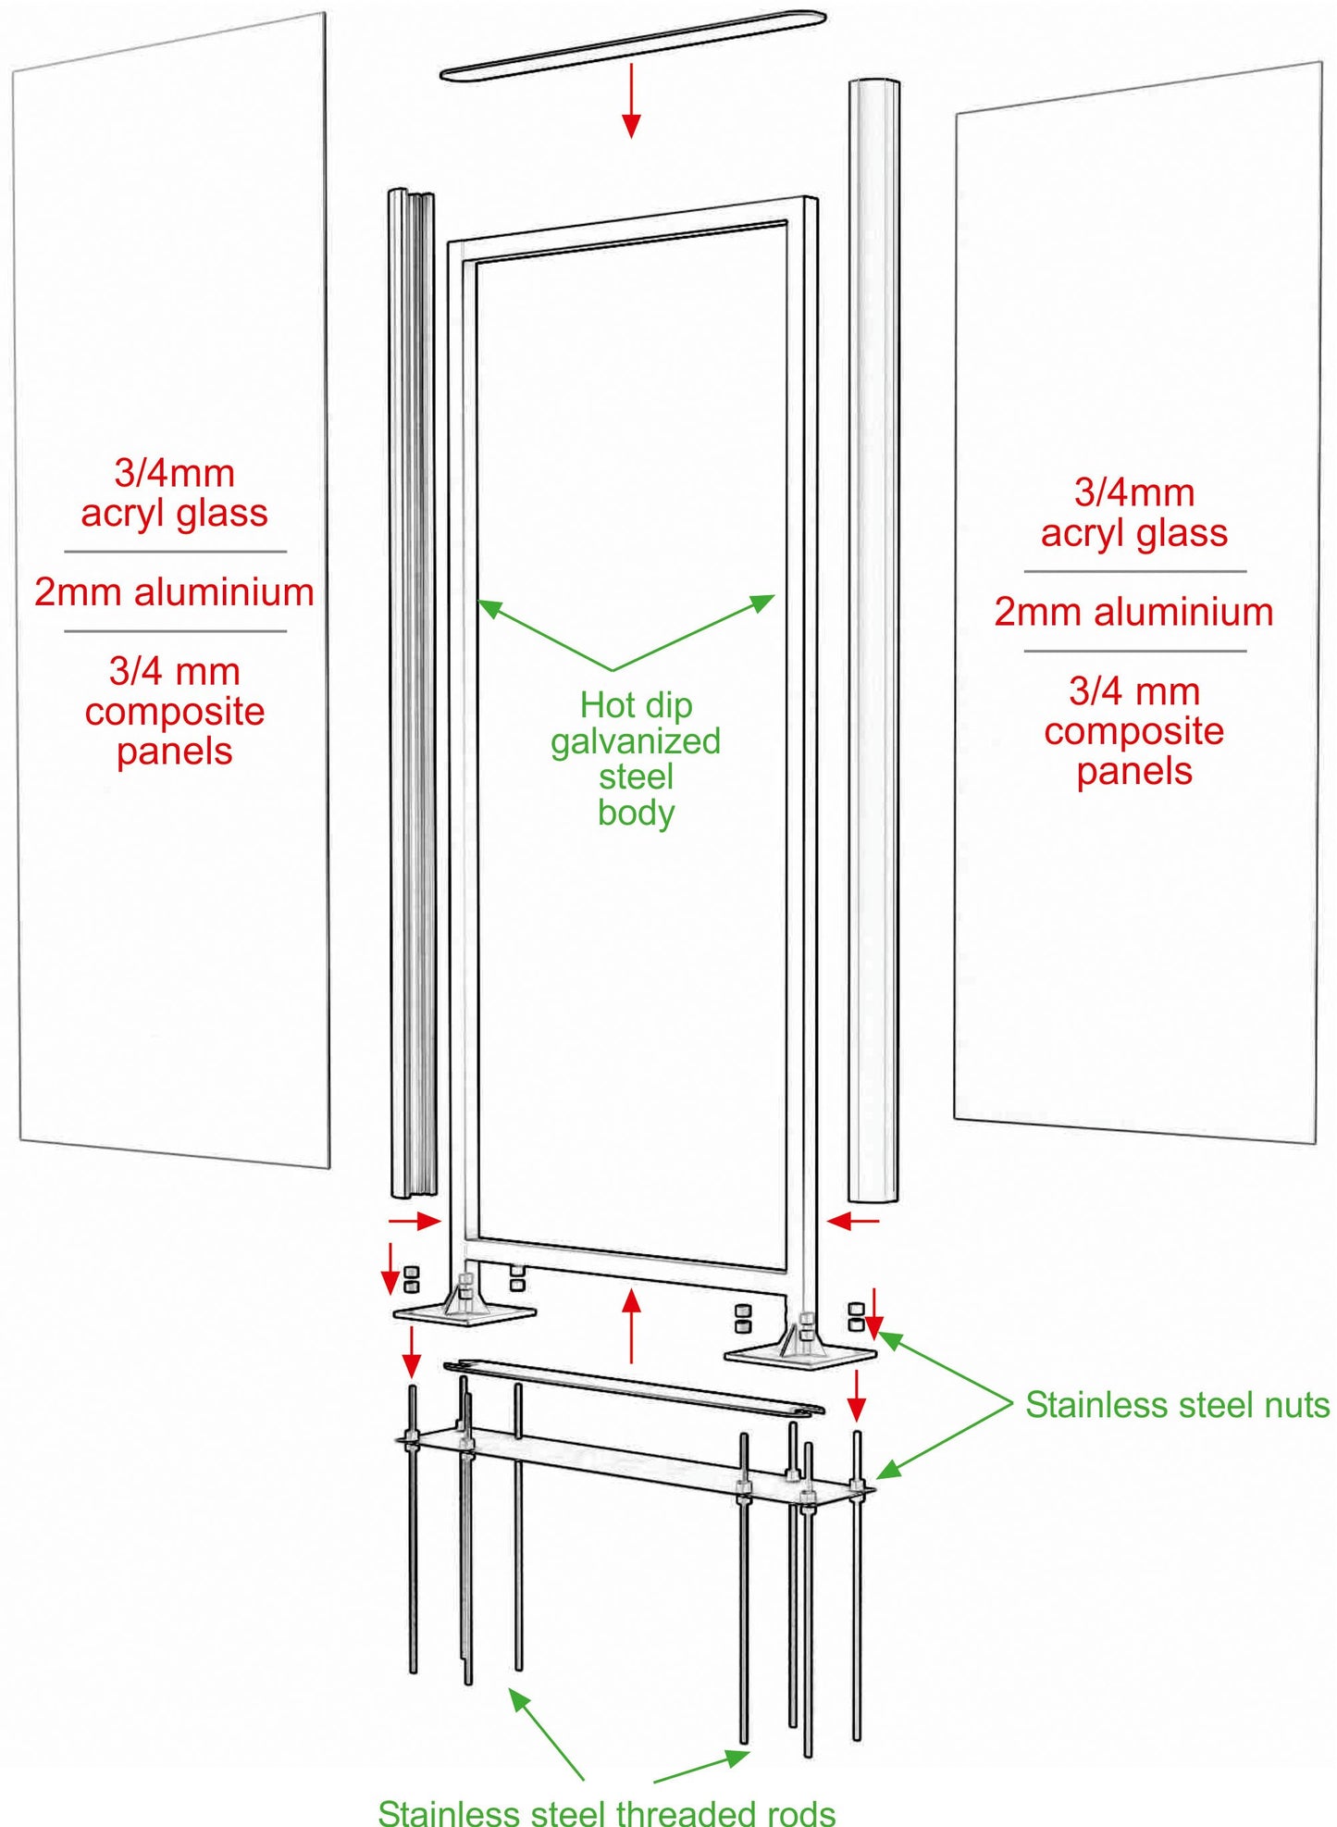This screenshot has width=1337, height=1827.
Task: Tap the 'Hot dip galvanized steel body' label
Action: coord(636,758)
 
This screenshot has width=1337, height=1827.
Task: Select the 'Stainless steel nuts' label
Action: coord(1177,1405)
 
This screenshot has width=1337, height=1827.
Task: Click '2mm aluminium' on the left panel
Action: coord(174,592)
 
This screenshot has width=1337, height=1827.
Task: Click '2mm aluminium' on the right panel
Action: coord(1133,612)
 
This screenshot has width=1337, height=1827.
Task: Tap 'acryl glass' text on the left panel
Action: coord(174,513)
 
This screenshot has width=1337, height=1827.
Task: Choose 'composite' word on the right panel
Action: coord(1133,731)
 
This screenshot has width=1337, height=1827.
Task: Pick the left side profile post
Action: coord(412,694)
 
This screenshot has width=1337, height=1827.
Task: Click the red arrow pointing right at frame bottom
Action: coord(414,1222)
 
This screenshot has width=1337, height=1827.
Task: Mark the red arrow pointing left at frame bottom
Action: coord(853,1222)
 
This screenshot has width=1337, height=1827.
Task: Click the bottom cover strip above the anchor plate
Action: coord(634,1386)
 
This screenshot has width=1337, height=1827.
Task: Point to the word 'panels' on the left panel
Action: coord(174,752)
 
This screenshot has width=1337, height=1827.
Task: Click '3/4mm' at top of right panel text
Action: coord(1133,492)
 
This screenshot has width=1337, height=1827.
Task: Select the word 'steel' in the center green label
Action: coord(636,777)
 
